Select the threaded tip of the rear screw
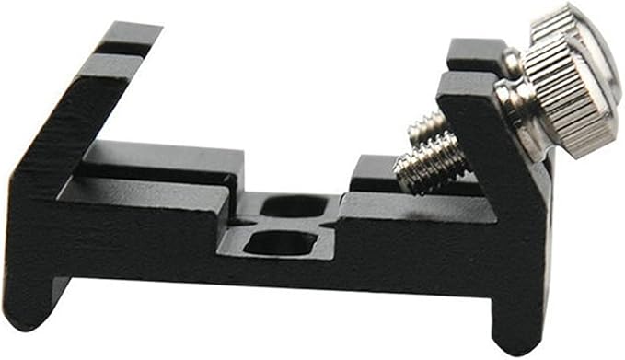tap(425, 126)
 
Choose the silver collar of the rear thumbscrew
tap(512, 63)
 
